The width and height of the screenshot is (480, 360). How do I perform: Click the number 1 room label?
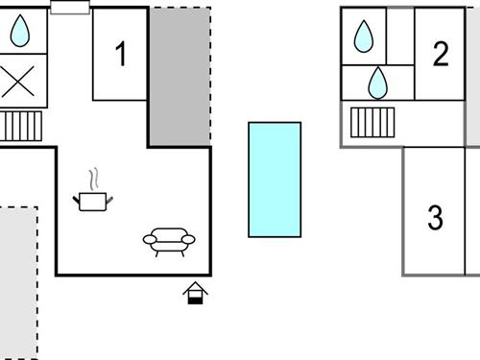point(120,56)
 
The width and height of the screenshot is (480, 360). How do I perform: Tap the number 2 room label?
point(441,55)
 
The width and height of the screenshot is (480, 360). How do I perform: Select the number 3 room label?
point(436,218)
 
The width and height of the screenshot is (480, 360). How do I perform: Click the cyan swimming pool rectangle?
point(275,180)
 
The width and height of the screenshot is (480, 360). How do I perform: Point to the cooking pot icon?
point(93,200)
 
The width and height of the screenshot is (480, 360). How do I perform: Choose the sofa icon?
point(169,240)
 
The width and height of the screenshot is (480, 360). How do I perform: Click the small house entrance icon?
point(196,293)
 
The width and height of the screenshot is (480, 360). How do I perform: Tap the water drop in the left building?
point(20,32)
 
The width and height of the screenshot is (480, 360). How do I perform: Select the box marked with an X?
point(18,83)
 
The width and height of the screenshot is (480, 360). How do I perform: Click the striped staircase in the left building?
point(20,126)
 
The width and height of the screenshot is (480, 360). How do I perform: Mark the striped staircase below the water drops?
point(372,122)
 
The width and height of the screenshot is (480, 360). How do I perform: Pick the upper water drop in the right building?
point(364,36)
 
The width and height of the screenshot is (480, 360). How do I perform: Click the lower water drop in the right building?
point(378,83)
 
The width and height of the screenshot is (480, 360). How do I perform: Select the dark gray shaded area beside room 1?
point(180,77)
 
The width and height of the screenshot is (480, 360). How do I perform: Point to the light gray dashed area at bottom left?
point(18,283)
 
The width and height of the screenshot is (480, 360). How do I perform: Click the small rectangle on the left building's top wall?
point(70,8)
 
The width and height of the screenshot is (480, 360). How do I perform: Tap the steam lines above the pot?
point(93,180)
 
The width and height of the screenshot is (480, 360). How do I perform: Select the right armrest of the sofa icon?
point(189,239)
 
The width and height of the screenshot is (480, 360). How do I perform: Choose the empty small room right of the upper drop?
point(400,36)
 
